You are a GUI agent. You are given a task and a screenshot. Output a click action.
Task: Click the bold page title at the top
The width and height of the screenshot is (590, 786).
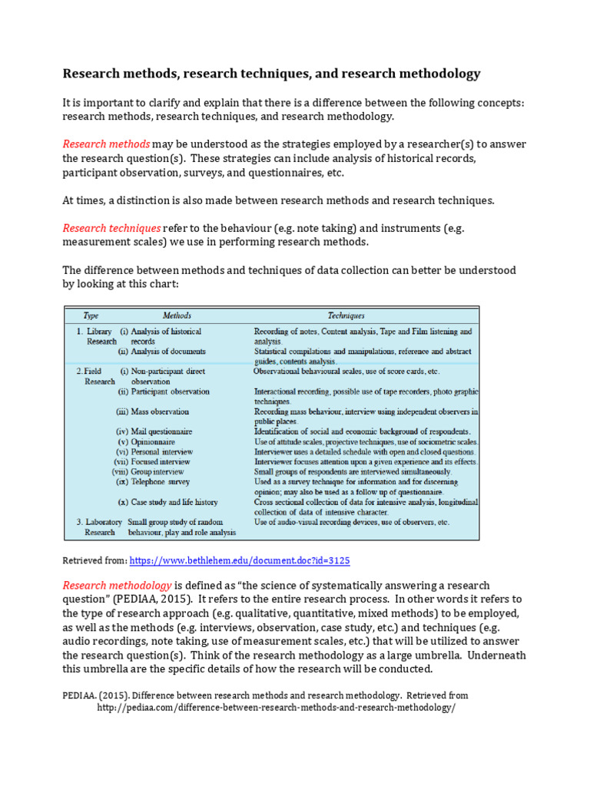271,74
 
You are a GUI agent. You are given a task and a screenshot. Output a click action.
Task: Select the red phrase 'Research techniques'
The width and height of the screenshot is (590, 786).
111,228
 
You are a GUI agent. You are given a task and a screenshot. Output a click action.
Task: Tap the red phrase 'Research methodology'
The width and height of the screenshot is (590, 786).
117,586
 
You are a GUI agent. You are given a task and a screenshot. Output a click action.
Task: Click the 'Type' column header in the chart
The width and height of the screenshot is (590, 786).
94,315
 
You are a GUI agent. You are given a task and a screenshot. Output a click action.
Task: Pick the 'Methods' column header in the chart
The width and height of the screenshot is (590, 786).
177,315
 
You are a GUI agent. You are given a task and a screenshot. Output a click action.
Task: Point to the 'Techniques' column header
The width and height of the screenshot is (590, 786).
346,315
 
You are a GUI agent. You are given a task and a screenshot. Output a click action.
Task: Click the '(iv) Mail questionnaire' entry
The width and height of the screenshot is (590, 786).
154,431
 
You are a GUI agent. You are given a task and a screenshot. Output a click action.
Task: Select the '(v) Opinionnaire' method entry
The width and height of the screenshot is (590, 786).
147,442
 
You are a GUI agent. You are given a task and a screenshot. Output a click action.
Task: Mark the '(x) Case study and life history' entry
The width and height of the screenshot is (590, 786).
168,502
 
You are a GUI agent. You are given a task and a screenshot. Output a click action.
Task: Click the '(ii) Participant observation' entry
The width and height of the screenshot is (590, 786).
162,391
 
